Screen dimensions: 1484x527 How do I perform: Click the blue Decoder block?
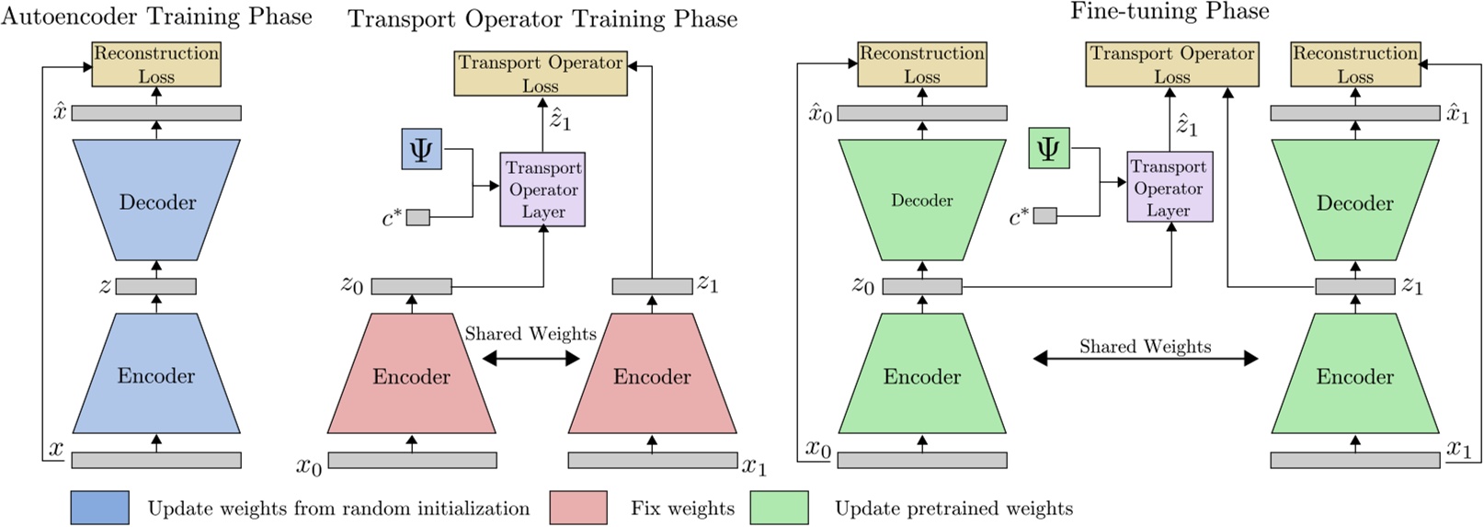156,200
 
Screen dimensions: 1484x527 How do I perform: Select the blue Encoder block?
156,373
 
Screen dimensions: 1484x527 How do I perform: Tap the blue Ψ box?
422,149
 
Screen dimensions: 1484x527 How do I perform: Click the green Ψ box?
1049,148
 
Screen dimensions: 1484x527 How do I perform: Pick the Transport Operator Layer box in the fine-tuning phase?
1170,187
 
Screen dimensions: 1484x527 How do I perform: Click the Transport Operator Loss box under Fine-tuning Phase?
1172,64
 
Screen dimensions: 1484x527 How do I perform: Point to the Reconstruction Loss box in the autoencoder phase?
156,64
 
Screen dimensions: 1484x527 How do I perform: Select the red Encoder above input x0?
411,373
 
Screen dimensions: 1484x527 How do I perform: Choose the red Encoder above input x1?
653,373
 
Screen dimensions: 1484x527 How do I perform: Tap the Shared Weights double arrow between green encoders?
1146,359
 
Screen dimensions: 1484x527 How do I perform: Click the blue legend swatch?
100,508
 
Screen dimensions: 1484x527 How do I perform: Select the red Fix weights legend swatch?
578,508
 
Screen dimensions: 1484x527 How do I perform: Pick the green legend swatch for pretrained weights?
780,508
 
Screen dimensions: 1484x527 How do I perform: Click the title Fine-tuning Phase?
1170,11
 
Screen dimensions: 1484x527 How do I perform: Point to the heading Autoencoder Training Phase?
156,17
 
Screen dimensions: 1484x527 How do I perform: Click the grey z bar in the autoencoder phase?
156,286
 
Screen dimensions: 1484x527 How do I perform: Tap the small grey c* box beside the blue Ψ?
418,217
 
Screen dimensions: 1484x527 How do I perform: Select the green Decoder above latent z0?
922,200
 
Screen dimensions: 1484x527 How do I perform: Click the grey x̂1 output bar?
1354,113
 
